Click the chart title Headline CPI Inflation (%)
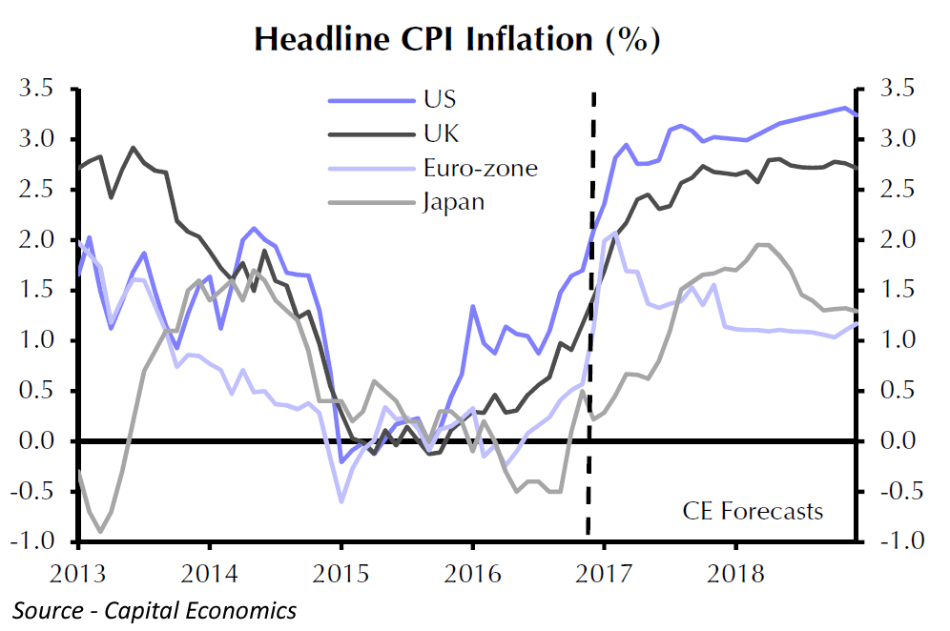[x=457, y=39]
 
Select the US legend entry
[x=440, y=99]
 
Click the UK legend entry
[x=440, y=133]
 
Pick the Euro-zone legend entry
[x=481, y=169]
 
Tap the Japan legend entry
[x=453, y=202]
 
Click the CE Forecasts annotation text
[x=753, y=511]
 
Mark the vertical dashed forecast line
[x=591, y=315]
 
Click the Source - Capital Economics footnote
[x=155, y=610]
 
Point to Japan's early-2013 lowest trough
[x=100, y=531]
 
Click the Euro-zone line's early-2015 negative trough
[x=341, y=501]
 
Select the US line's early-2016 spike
[x=472, y=306]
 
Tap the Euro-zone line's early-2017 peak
[x=615, y=234]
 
